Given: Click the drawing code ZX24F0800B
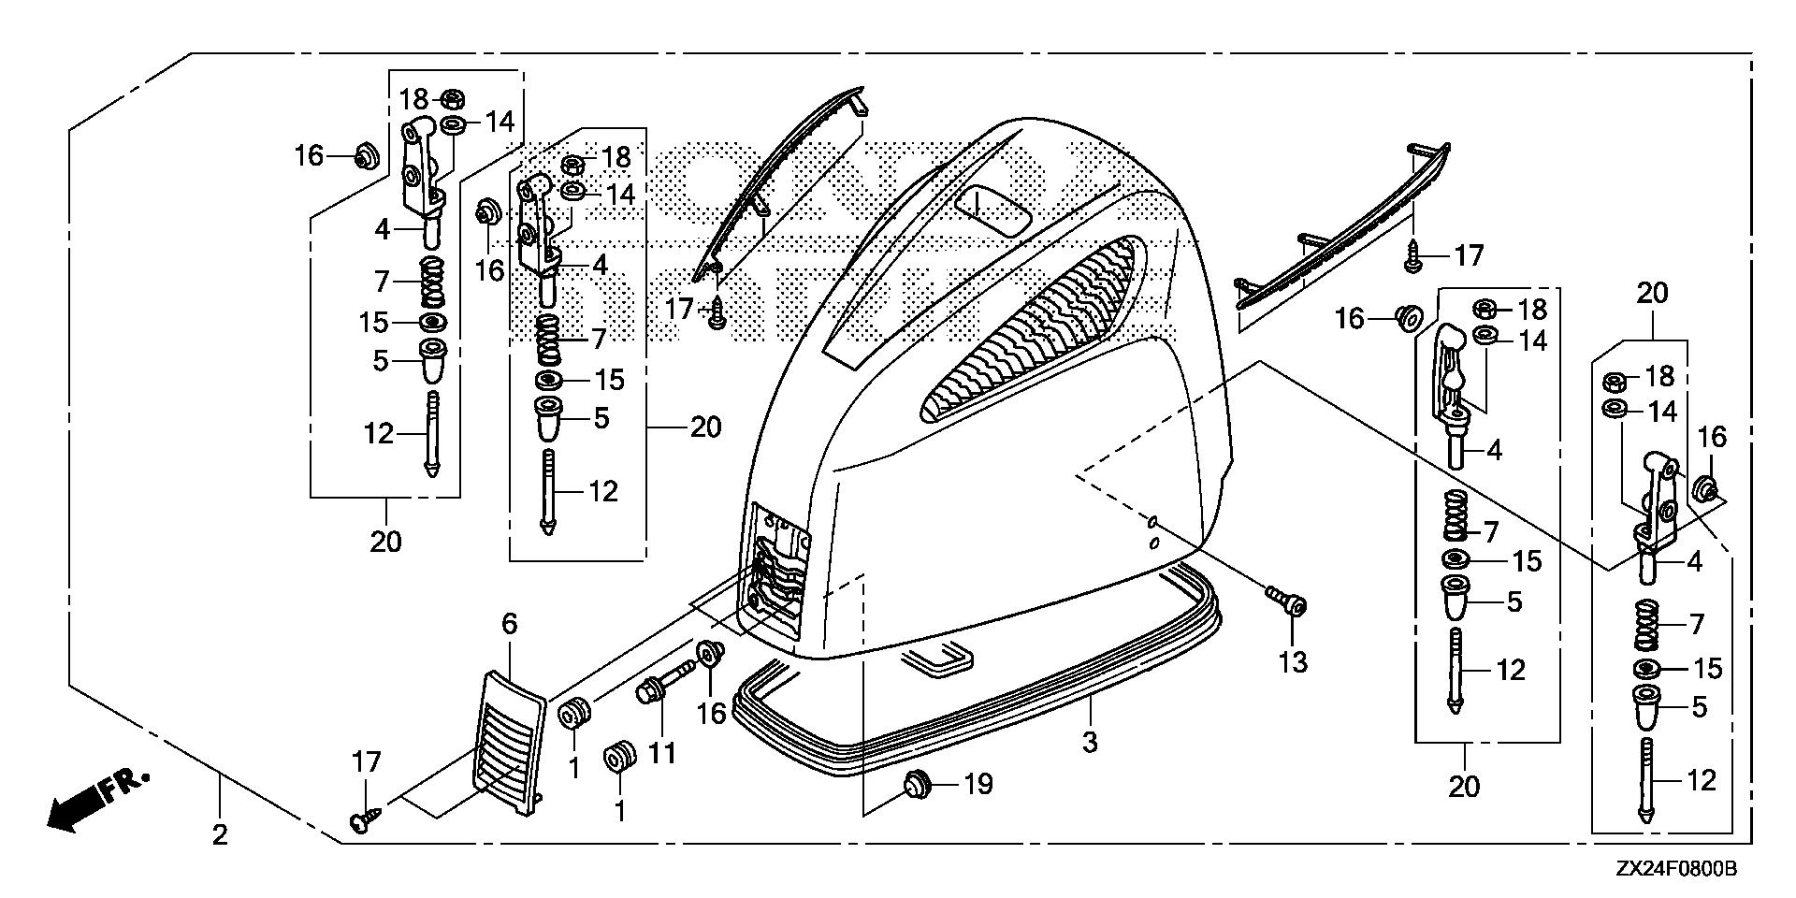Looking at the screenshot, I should point(1676,870).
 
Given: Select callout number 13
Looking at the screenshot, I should point(1293,661).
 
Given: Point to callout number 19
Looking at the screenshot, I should point(978,784).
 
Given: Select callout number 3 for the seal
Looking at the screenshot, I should point(1089,743).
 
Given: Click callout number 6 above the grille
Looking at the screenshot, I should point(510,623).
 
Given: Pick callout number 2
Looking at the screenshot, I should point(219,833).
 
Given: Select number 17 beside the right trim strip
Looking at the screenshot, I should point(1468,254).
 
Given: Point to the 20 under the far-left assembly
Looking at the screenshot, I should point(385,541).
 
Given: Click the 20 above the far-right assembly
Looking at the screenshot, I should point(1652,293).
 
